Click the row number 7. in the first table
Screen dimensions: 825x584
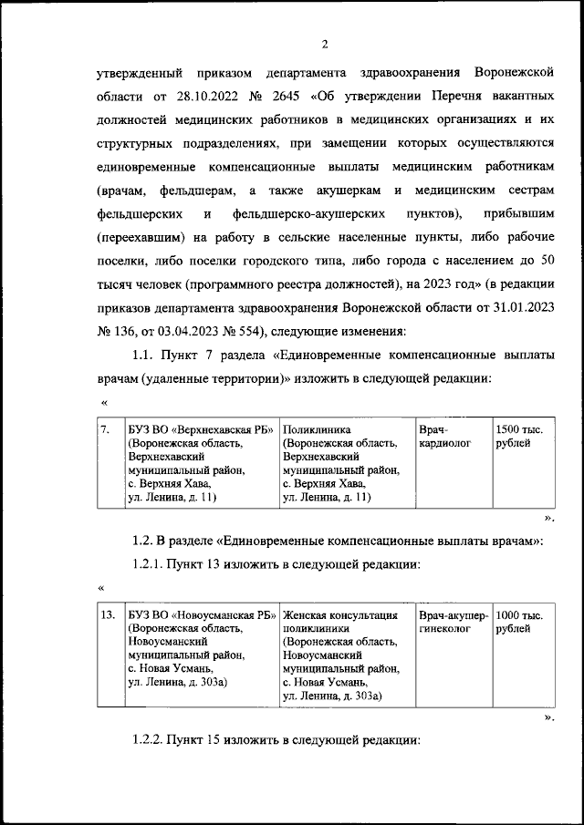[106, 428]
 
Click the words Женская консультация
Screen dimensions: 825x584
[339, 615]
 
